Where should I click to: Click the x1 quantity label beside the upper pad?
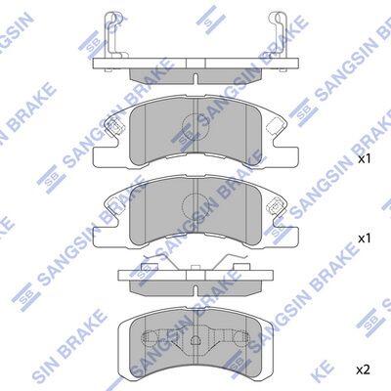point(365,159)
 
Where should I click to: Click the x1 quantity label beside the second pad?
point(365,239)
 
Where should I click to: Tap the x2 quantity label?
point(364,369)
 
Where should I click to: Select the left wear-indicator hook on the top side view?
point(112,35)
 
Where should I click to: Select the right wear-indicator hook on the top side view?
point(279,35)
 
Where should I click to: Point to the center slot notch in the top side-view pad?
point(195,79)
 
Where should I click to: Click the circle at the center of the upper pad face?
point(194,125)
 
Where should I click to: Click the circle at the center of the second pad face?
point(195,206)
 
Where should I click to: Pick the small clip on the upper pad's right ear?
point(277,125)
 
